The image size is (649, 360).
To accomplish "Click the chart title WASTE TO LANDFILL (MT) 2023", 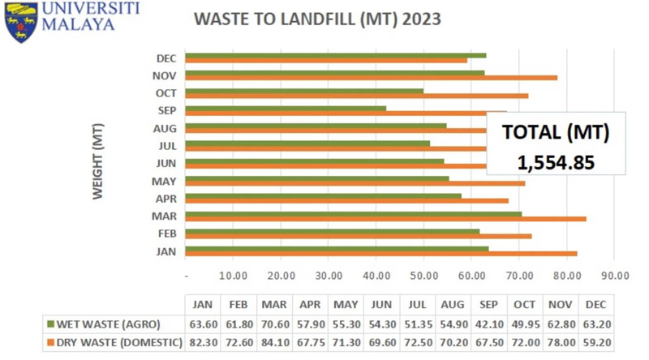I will point(317,19).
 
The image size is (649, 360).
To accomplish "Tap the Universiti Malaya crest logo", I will point(20,22).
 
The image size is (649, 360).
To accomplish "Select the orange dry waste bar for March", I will point(385,219).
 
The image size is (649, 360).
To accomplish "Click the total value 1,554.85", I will point(556,162).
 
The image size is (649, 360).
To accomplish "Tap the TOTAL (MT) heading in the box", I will point(556,132).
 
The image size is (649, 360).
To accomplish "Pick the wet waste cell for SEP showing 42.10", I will point(489,324).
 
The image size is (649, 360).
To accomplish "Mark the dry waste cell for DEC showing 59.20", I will point(595,342).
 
